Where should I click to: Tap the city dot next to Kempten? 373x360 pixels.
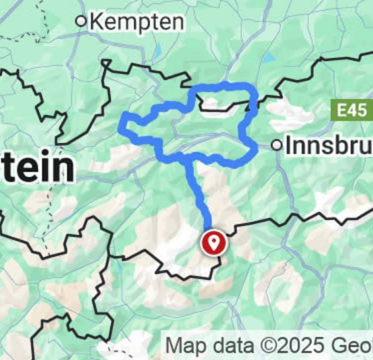(81, 22)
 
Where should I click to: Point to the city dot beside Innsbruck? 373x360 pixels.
(277, 145)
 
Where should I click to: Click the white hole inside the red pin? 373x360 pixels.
(214, 240)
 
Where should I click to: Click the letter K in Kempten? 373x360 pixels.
(97, 22)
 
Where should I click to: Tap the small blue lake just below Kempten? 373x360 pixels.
(157, 51)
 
